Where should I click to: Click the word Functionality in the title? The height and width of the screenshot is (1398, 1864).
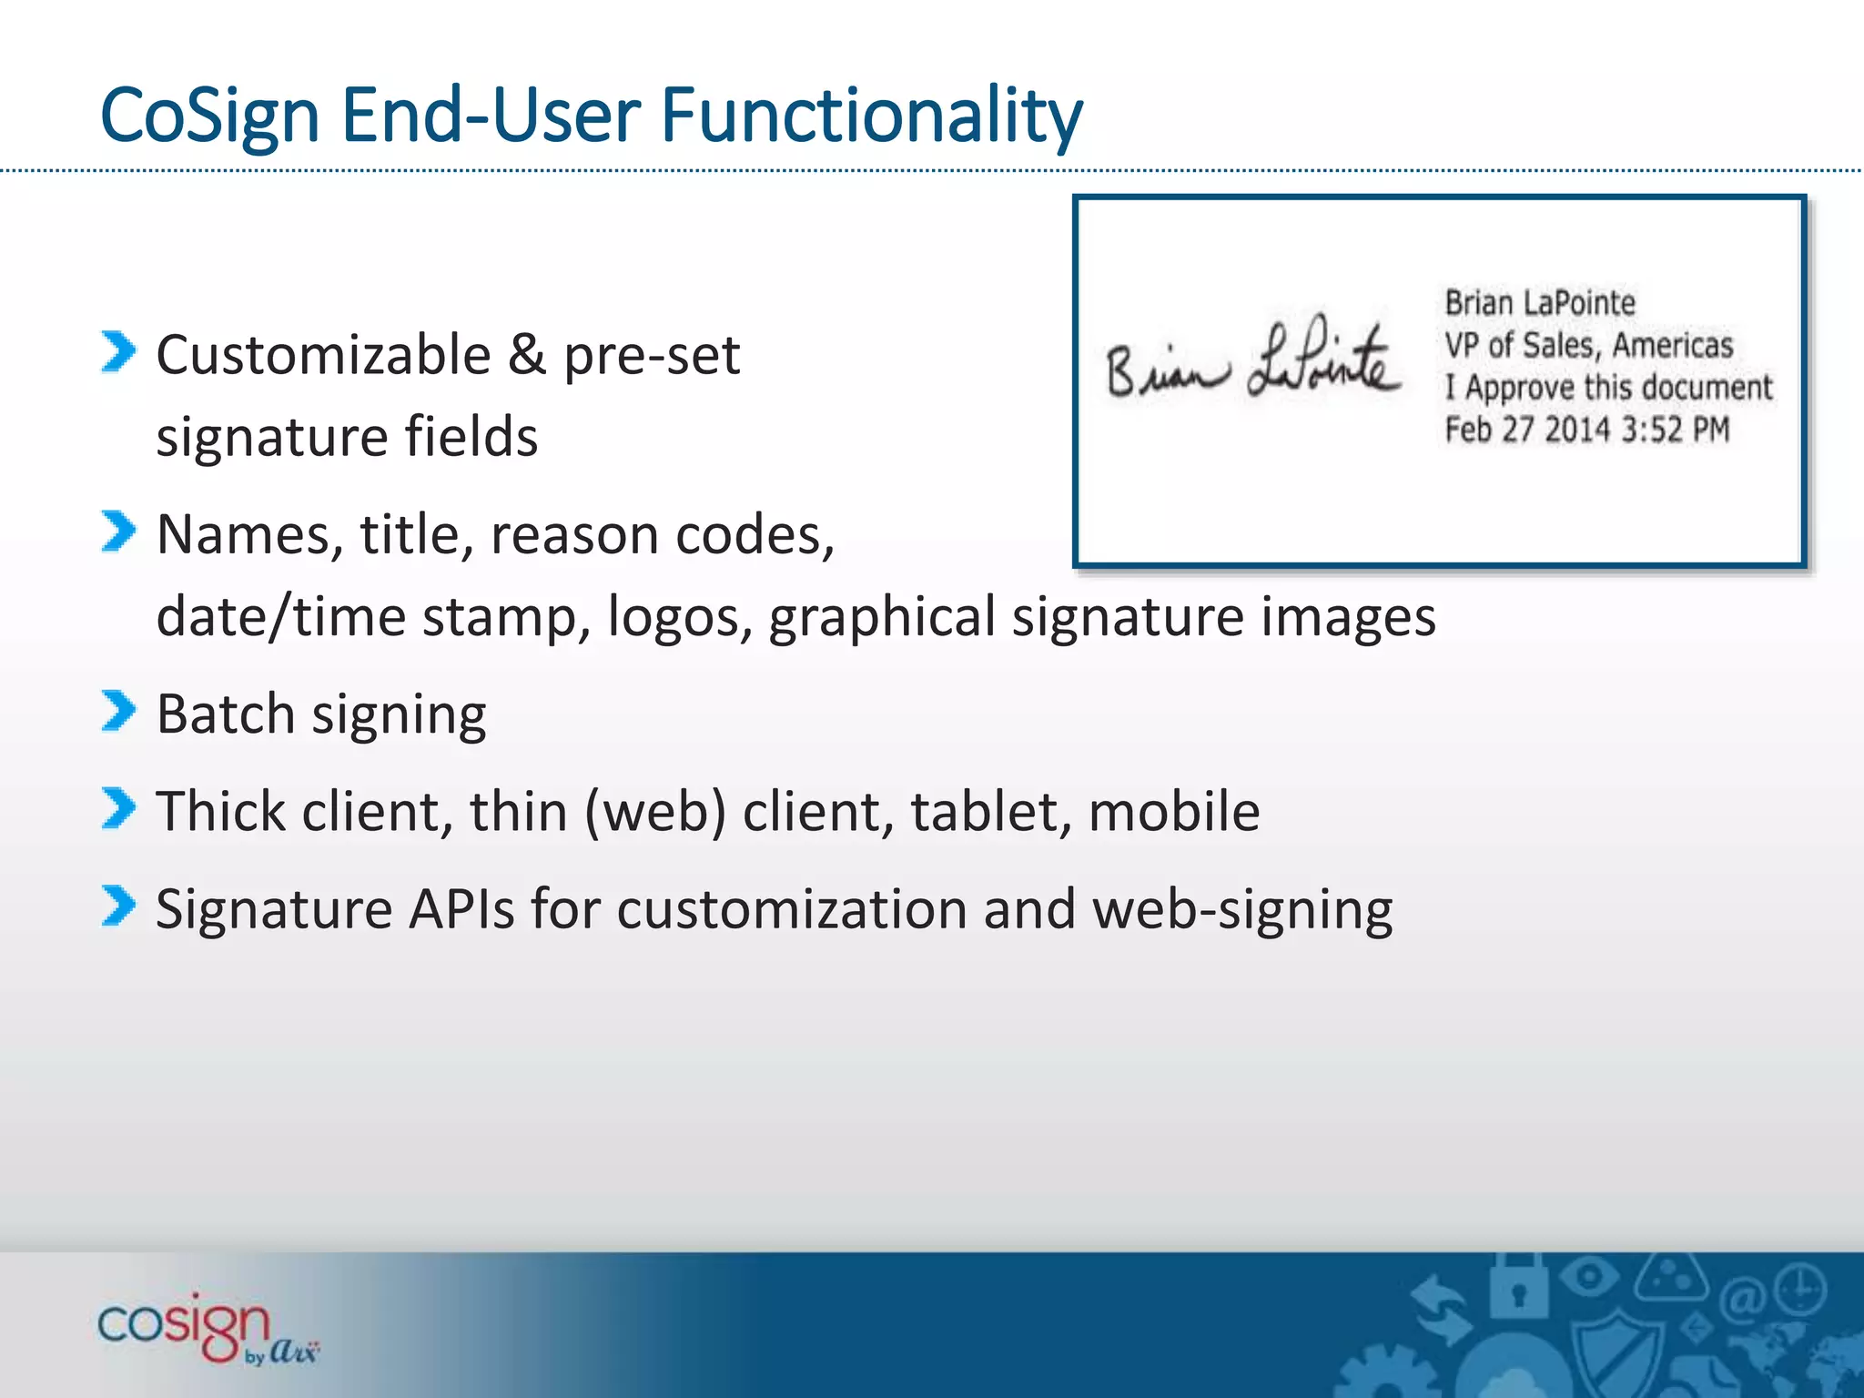tap(871, 116)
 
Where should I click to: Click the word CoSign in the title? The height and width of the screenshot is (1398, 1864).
tap(209, 116)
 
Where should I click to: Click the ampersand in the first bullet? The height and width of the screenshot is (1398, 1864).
tap(527, 355)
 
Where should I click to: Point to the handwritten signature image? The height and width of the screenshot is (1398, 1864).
tap(1251, 362)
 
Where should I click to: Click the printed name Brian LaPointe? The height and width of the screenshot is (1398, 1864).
tap(1539, 303)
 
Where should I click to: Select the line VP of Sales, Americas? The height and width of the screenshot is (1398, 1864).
tap(1588, 346)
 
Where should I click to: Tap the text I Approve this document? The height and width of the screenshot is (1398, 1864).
tap(1608, 388)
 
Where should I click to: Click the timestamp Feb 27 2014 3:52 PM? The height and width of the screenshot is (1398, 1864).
tap(1586, 430)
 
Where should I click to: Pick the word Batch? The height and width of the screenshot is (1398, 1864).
tap(225, 714)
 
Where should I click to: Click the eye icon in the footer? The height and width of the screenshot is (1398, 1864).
tap(1589, 1276)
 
